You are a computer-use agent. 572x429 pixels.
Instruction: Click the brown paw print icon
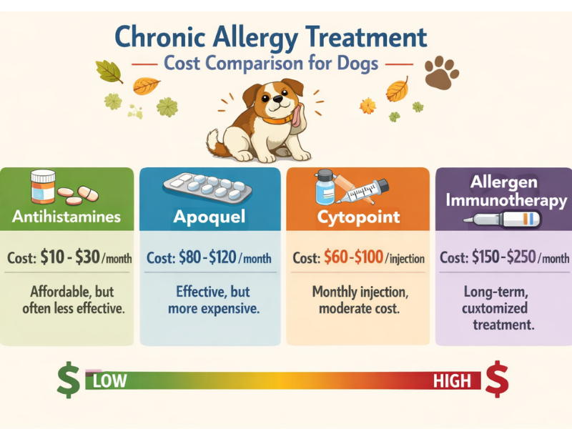tap(441, 72)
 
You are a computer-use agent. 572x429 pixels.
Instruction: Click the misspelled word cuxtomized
tap(494, 309)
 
